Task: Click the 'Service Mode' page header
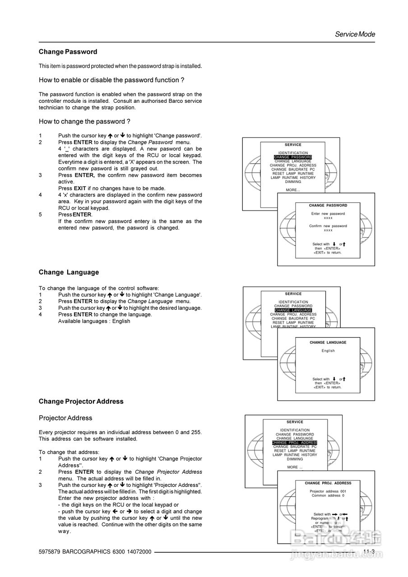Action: click(x=354, y=34)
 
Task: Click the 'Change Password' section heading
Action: click(x=68, y=52)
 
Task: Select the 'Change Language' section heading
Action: click(x=69, y=272)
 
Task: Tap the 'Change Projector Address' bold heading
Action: click(x=81, y=401)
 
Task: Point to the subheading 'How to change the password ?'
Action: click(x=84, y=121)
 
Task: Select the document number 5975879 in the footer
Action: click(x=50, y=552)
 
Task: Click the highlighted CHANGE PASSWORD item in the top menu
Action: click(x=293, y=157)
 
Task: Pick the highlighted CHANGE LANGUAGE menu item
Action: click(x=293, y=310)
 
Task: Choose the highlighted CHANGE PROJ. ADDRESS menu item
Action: click(x=295, y=443)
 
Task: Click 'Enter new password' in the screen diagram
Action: click(x=328, y=214)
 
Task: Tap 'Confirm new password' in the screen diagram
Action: click(x=328, y=226)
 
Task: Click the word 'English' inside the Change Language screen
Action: click(x=328, y=351)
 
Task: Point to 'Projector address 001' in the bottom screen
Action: click(x=328, y=491)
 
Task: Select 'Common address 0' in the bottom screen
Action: click(x=328, y=495)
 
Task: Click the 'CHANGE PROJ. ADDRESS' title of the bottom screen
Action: click(x=328, y=483)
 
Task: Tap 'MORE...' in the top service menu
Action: click(x=293, y=190)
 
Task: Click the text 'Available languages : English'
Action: click(x=94, y=321)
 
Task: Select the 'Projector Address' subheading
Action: click(x=65, y=418)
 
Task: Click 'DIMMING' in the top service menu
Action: click(x=293, y=182)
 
